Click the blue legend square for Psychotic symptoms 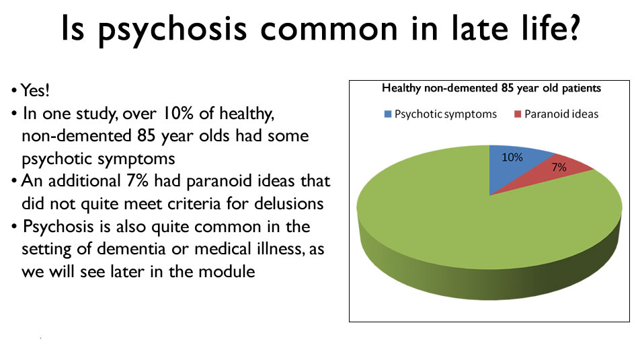click(x=388, y=114)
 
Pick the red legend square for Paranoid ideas click(x=518, y=114)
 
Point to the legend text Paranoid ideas click(x=561, y=114)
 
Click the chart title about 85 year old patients click(x=491, y=88)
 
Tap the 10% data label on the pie click(x=512, y=157)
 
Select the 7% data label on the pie click(x=559, y=167)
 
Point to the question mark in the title click(x=571, y=27)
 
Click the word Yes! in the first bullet click(x=35, y=90)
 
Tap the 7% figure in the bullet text click(x=137, y=181)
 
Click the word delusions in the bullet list click(x=289, y=203)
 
